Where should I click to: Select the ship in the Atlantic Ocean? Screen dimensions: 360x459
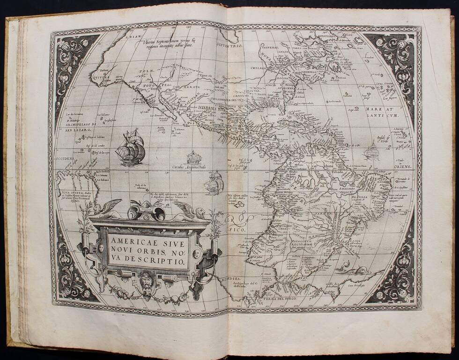[x=371, y=151]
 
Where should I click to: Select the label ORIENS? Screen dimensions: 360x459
[x=405, y=167]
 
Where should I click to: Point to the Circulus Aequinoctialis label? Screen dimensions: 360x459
[x=190, y=166]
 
